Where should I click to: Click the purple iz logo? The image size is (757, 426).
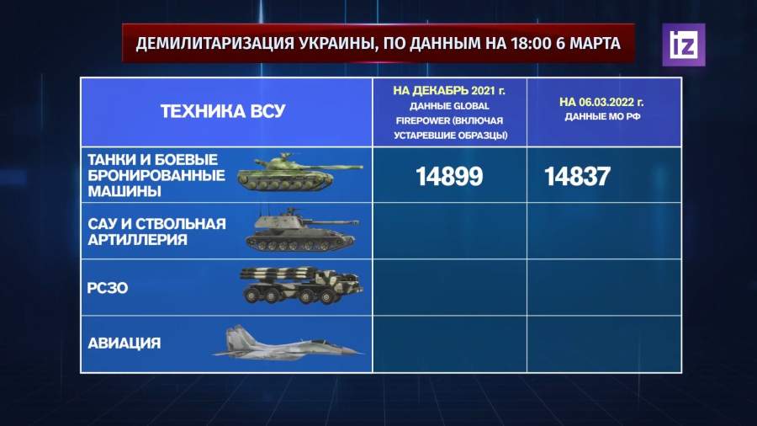(x=684, y=45)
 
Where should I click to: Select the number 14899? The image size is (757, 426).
(x=449, y=176)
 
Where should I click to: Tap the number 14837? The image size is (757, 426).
(x=577, y=176)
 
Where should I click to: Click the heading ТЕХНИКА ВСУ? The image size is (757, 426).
(x=223, y=112)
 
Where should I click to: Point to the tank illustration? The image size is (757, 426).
(x=299, y=172)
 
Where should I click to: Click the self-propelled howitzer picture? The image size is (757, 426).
(x=302, y=230)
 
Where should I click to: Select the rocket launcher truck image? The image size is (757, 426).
(x=301, y=285)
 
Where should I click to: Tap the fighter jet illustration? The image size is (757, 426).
(x=288, y=343)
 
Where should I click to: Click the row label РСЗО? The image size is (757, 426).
(x=108, y=288)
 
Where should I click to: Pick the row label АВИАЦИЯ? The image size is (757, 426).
(x=124, y=343)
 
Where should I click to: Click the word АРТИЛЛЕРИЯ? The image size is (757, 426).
(x=137, y=240)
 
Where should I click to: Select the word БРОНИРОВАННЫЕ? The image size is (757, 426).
(x=156, y=175)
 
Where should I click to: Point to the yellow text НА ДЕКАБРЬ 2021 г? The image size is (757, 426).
(x=449, y=91)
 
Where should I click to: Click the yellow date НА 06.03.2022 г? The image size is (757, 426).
(x=601, y=103)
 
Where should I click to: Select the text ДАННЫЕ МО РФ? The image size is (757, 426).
(x=602, y=117)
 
